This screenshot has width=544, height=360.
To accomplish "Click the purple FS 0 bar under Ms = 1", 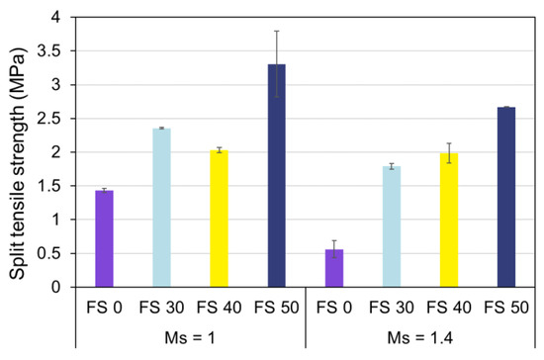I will coord(104,238).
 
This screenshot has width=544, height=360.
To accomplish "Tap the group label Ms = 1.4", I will coord(419,338).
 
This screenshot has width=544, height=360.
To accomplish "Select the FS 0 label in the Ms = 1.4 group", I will coord(333,307).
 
